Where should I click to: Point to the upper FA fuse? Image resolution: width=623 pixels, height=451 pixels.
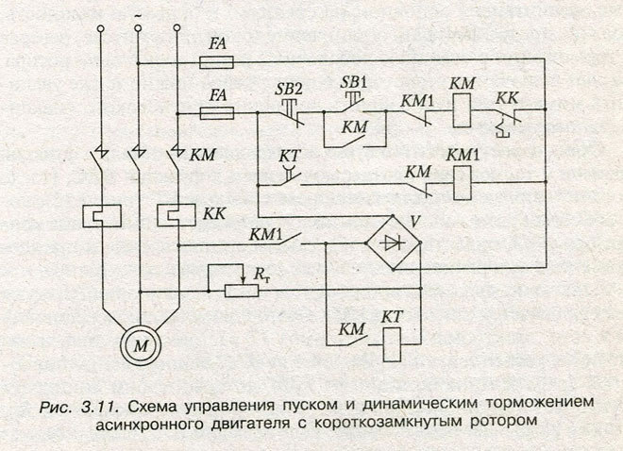219,61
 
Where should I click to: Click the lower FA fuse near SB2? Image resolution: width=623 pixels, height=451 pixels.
219,113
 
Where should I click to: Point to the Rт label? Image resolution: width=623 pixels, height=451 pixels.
259,271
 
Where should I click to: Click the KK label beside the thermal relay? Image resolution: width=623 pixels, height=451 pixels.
213,214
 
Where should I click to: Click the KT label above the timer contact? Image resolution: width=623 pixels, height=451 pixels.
289,154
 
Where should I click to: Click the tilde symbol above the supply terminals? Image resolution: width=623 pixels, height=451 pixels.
139,14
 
